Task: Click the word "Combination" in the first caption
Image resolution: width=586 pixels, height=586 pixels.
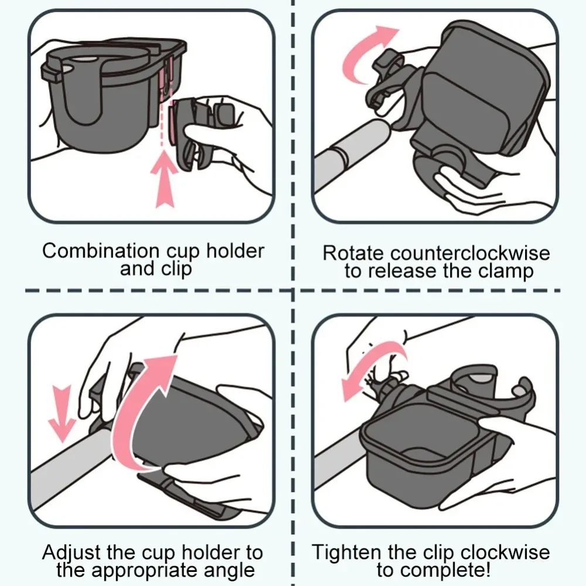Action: pyautogui.click(x=101, y=250)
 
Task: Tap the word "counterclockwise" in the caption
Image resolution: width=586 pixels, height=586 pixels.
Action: pyautogui.click(x=470, y=253)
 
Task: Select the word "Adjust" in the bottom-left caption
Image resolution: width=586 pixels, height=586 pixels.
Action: pyautogui.click(x=71, y=553)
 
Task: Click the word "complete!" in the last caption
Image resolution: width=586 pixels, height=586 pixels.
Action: pyautogui.click(x=453, y=570)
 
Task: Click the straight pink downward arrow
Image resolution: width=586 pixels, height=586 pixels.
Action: pyautogui.click(x=63, y=413)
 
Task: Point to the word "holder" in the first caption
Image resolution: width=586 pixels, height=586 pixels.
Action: pyautogui.click(x=235, y=250)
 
